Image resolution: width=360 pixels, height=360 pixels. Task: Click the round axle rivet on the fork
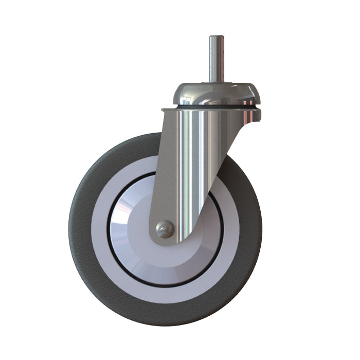[x=165, y=229]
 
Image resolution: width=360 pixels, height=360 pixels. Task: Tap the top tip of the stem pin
[x=216, y=37]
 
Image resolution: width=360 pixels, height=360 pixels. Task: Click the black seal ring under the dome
[x=216, y=106]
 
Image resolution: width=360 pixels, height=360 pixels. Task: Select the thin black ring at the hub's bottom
[x=165, y=285]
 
